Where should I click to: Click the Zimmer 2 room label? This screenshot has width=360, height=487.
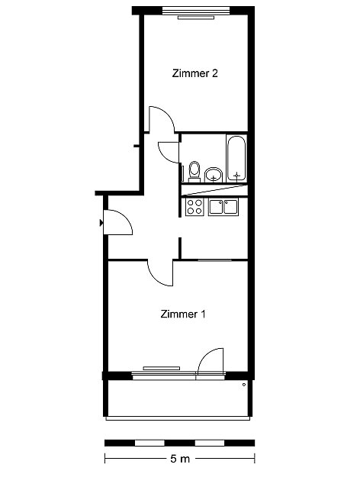pyautogui.click(x=195, y=73)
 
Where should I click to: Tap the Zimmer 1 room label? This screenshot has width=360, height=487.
pyautogui.click(x=183, y=314)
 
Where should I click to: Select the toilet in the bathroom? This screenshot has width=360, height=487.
pyautogui.click(x=194, y=172)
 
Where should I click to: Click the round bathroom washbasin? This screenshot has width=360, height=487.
pyautogui.click(x=214, y=175)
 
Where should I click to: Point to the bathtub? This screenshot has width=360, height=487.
pyautogui.click(x=236, y=159)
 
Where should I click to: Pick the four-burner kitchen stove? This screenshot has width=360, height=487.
pyautogui.click(x=194, y=207)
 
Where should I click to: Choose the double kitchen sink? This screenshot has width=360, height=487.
pyautogui.click(x=223, y=207)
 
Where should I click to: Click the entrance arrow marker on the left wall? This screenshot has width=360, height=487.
pyautogui.click(x=101, y=222)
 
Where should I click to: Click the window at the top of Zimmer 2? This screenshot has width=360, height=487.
pyautogui.click(x=197, y=10)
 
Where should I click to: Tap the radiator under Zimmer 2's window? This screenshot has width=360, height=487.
pyautogui.click(x=196, y=18)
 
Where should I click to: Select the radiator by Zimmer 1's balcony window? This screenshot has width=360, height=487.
pyautogui.click(x=162, y=369)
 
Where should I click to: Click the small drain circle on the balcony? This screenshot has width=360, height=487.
pyautogui.click(x=244, y=385)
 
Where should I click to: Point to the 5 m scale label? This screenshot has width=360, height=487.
pyautogui.click(x=180, y=459)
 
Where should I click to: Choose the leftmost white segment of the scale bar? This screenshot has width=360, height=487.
pyautogui.click(x=149, y=443)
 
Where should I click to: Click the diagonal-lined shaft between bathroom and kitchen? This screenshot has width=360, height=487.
pyautogui.click(x=214, y=190)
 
